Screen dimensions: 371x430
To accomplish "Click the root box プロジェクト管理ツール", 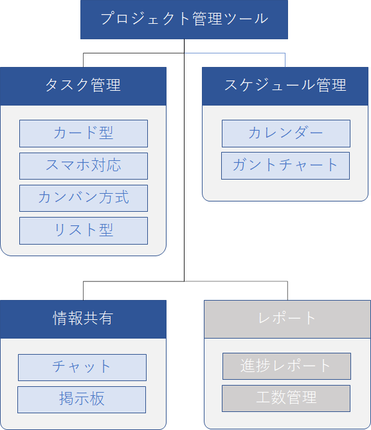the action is coord(184,19).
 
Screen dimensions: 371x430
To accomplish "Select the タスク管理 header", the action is coord(84,86).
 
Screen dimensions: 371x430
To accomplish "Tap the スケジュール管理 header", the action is coord(285,86).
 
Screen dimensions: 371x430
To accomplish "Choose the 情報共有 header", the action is coord(84,319).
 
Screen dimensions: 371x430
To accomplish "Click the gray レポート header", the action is coord(287,319).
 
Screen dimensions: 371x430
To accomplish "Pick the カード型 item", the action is coord(84,133).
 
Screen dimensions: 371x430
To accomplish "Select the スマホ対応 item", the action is coord(84,166).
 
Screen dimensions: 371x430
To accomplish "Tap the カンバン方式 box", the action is coord(84,198).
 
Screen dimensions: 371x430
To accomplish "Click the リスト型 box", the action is coord(84,230).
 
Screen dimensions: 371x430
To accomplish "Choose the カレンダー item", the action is coord(286,133).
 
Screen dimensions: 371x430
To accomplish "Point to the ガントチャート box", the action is coord(285,165).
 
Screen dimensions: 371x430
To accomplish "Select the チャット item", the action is coord(82,368).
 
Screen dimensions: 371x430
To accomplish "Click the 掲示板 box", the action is coord(82,400).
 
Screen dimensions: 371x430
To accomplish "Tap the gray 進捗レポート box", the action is coord(287,366).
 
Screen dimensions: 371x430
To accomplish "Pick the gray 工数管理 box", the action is coord(286,398).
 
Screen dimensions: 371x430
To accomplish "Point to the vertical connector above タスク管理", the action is coord(84,60).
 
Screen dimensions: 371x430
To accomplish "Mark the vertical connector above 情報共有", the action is coord(84,291).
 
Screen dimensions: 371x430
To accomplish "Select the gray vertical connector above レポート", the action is coord(287,291).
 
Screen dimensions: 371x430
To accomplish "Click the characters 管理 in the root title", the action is coord(207,19).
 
